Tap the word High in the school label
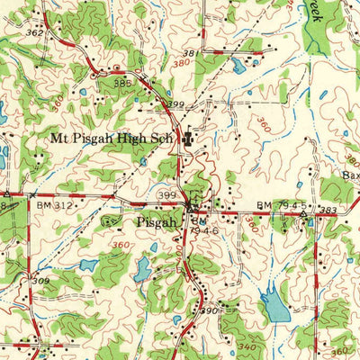pos(122,139)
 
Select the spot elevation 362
pos(35,33)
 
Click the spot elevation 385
pos(122,83)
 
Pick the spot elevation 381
pos(215,53)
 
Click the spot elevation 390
pos(209,310)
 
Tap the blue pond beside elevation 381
pos(238,64)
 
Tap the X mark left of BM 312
pos(33,193)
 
